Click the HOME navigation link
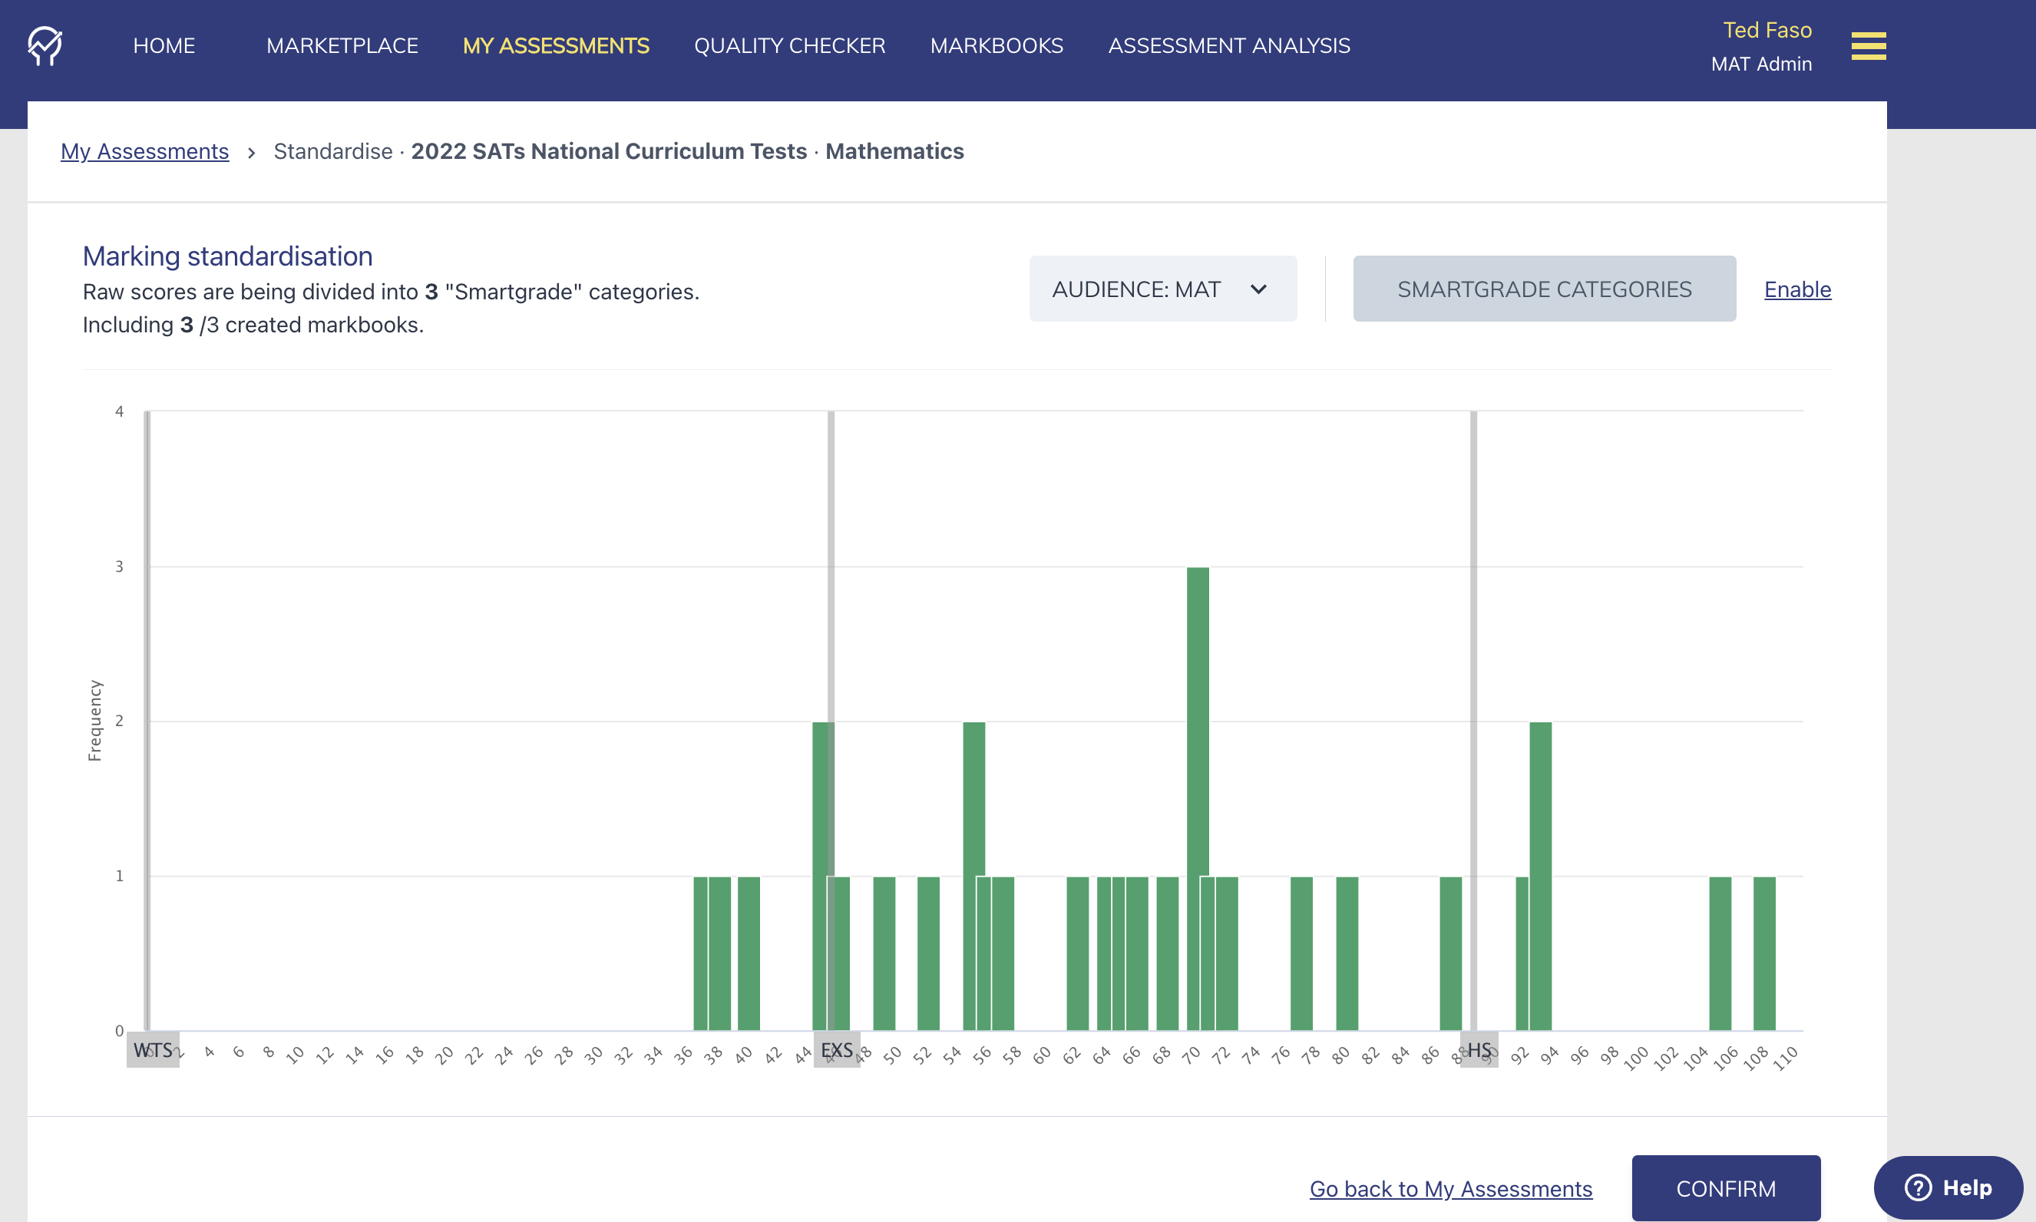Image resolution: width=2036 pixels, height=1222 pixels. (164, 46)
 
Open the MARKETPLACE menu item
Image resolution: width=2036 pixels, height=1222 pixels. (342, 46)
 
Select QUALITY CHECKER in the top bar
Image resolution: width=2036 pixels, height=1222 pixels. (789, 46)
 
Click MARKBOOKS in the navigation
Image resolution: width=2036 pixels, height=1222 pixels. (997, 46)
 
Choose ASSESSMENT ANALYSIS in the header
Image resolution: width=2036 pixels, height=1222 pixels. (1229, 46)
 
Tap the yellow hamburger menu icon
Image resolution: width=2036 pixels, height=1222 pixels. (1868, 46)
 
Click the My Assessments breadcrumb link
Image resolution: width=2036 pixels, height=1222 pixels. (145, 151)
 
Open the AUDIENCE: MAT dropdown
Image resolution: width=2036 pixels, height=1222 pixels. (1162, 289)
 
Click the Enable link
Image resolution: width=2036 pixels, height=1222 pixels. (1797, 290)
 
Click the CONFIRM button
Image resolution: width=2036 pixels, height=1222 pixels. (1726, 1188)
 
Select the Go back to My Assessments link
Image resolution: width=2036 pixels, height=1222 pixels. (1450, 1189)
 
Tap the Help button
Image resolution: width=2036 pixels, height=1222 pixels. (1948, 1187)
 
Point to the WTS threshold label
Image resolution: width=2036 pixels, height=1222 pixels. (154, 1050)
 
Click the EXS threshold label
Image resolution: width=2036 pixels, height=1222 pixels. (837, 1050)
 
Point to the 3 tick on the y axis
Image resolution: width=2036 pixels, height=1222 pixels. (120, 566)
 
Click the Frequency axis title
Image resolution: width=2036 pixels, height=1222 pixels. (94, 721)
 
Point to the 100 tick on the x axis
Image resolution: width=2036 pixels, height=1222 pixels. (1637, 1057)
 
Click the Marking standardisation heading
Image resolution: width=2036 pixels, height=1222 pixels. (227, 256)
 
